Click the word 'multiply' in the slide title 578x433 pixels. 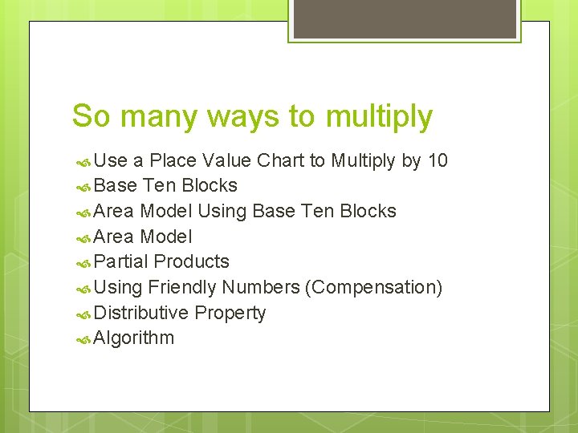tap(379, 117)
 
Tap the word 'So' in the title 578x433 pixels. tap(90, 116)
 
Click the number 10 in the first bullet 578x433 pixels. tap(438, 160)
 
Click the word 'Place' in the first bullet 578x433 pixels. tap(173, 160)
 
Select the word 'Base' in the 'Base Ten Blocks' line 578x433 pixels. tap(116, 185)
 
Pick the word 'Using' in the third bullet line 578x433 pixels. tap(222, 211)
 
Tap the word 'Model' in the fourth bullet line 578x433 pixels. tap(165, 237)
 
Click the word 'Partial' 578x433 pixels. tap(120, 261)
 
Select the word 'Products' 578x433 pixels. tap(191, 261)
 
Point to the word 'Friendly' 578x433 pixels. tap(182, 287)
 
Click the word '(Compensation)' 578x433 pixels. tap(373, 287)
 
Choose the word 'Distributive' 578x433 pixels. tap(140, 313)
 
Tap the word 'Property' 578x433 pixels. tap(230, 313)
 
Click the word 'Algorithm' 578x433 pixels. tap(133, 338)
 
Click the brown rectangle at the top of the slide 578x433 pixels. tap(404, 18)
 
